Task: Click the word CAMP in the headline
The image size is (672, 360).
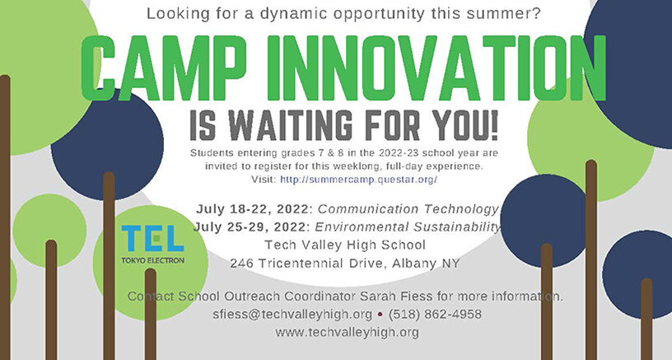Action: point(163,68)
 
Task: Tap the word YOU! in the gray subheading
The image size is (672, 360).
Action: point(465,125)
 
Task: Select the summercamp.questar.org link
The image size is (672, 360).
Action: point(358,179)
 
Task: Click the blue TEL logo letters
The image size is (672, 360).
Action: point(152,238)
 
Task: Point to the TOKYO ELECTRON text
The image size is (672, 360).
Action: point(152,260)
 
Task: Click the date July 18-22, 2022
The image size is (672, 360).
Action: point(252,209)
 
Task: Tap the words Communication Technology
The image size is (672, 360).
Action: point(408,209)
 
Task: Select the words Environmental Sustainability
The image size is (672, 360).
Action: point(408,227)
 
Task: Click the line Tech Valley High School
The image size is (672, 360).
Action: point(345,245)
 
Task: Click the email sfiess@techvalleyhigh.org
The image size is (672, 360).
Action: point(292,315)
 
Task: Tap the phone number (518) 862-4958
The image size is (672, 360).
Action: point(435,314)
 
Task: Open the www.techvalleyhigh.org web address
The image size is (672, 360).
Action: point(348,332)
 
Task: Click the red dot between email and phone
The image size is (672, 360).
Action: point(380,315)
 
